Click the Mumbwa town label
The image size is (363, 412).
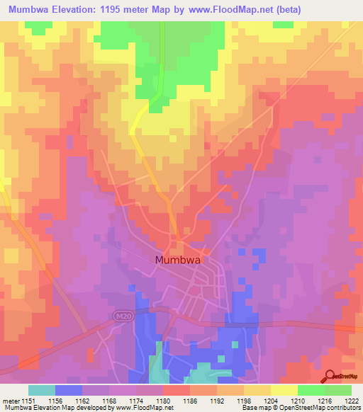tap(178, 260)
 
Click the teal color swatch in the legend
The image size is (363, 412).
tap(42, 390)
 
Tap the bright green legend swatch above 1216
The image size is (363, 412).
tap(311, 390)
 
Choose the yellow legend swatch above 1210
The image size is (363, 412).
tap(284, 390)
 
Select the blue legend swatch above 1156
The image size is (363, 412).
tap(69, 390)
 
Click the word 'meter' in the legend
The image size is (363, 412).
tap(12, 400)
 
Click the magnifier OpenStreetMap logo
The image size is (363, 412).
tap(330, 377)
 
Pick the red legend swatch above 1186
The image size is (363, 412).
tap(177, 390)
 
